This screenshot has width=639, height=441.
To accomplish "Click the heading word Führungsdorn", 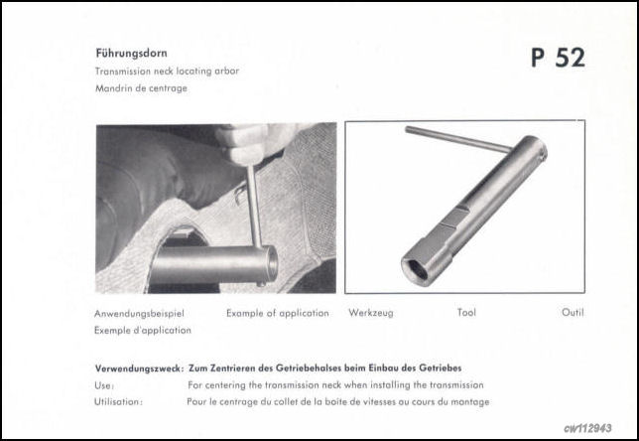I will click(x=131, y=56).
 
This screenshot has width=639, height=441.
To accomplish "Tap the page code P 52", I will click(x=557, y=58).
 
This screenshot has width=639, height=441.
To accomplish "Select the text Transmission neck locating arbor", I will click(x=167, y=72).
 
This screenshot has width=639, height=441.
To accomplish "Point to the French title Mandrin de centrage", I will click(x=141, y=88).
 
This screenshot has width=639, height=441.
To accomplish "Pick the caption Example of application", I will click(x=277, y=313).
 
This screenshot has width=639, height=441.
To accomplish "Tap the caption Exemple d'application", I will click(x=143, y=330).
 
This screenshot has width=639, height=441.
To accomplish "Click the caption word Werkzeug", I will click(x=371, y=313).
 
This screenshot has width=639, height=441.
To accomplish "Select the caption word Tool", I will click(x=466, y=313).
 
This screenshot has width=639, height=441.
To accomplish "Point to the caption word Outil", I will click(x=573, y=313).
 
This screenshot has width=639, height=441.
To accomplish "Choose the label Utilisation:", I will click(x=118, y=402).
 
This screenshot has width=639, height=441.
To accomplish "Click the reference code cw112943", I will click(x=589, y=428).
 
